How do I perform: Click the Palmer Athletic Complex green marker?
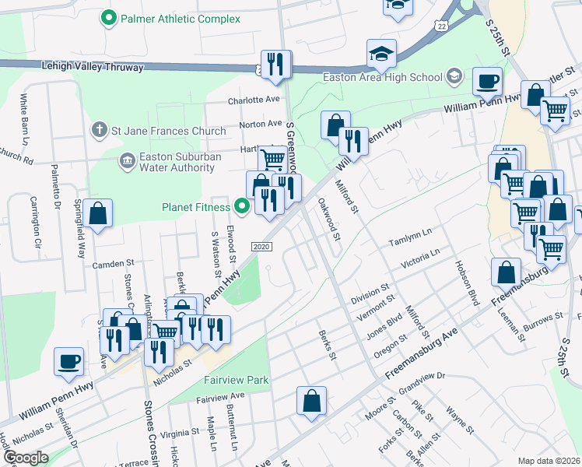click(109, 17)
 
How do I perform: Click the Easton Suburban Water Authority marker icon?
click(125, 161)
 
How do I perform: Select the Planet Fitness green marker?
click(242, 207)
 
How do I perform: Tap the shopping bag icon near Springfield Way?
click(98, 213)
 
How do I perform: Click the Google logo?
click(26, 458)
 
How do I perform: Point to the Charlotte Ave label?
click(253, 100)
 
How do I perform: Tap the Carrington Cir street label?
click(34, 223)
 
